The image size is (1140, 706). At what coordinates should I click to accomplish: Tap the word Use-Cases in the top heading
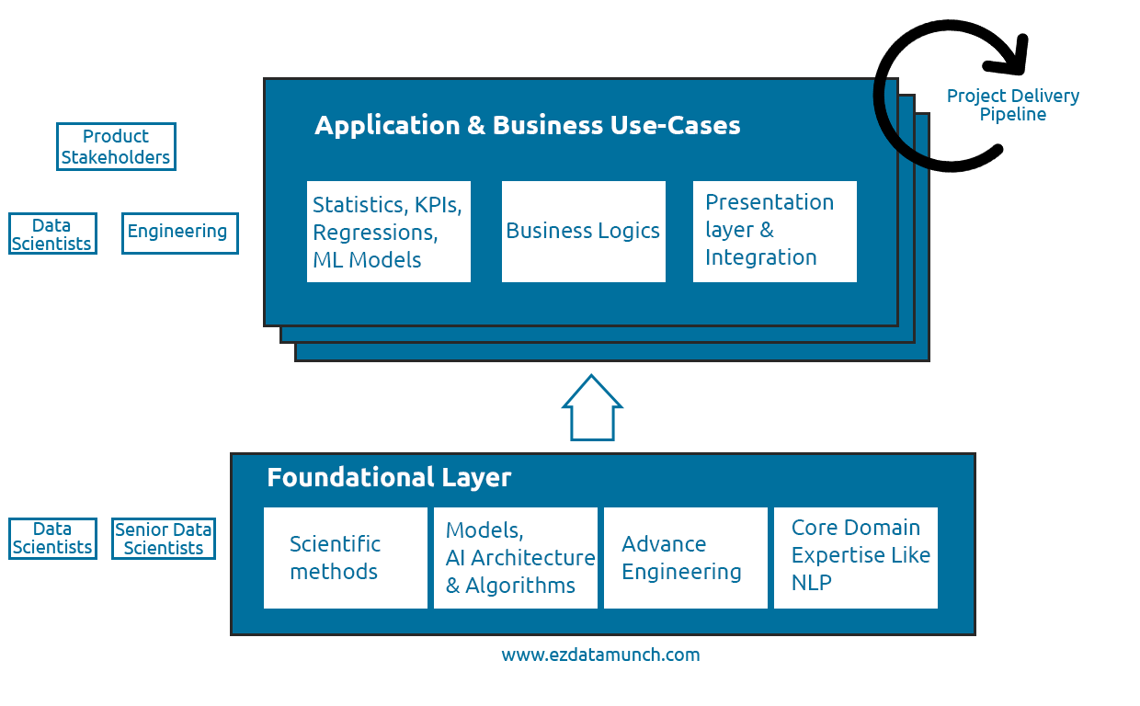coord(675,125)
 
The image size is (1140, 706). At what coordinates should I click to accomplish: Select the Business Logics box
coord(583,231)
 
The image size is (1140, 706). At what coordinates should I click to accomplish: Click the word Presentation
coord(769,202)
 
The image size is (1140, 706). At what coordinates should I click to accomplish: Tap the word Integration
coord(760,257)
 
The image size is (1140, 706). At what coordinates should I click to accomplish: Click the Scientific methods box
coord(345,557)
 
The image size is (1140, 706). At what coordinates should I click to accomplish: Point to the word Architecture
coord(533,558)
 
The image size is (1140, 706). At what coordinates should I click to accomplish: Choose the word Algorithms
coord(520,586)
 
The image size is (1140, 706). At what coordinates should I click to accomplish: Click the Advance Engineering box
coord(685,557)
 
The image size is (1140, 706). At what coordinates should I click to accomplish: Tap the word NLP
coord(811,583)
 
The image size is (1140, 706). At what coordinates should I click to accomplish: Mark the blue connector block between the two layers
coord(591,406)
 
